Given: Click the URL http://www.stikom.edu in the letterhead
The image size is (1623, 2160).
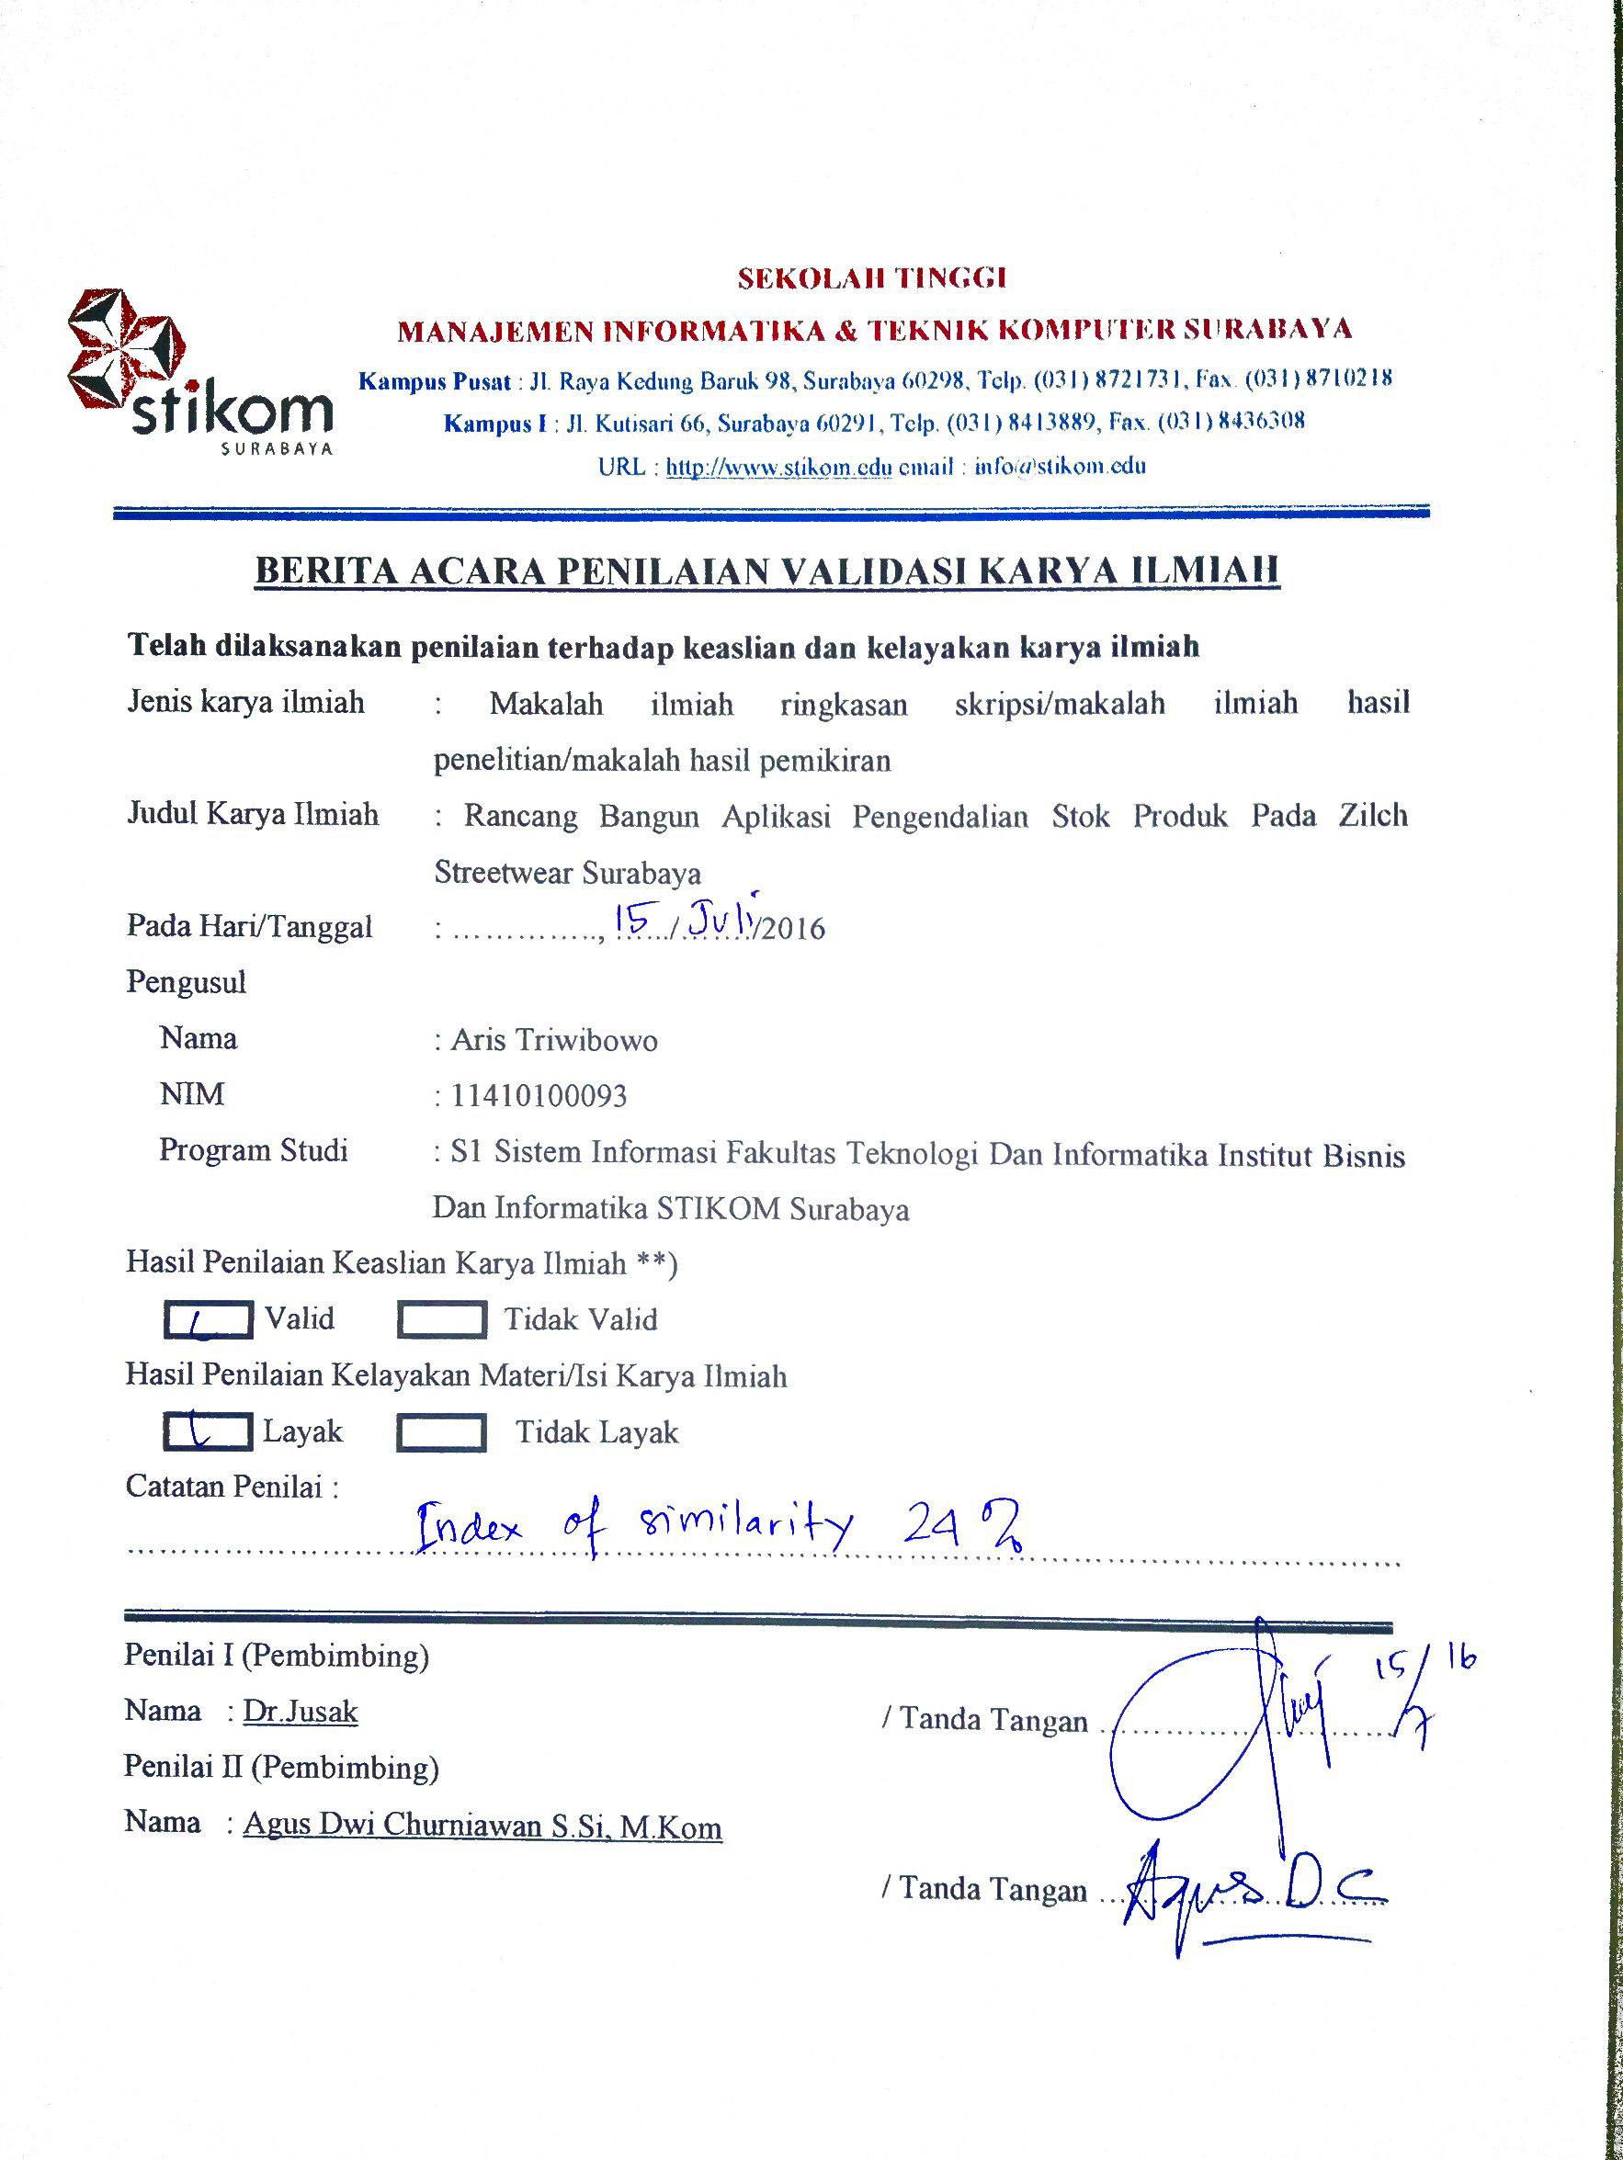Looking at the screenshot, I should click(778, 467).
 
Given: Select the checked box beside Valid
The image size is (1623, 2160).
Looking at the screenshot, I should click(207, 1320).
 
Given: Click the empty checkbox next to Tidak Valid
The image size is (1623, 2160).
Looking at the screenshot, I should click(441, 1320).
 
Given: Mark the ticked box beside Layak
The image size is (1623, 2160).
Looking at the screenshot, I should click(207, 1432).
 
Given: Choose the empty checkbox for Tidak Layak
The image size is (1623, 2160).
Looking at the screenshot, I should click(440, 1433).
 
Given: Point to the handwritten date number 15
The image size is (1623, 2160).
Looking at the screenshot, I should click(630, 919).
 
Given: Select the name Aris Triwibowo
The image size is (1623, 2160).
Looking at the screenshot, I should click(553, 1041).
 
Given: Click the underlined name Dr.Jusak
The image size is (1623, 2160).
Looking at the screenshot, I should click(300, 1712).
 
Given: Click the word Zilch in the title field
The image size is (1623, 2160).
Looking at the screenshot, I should click(1372, 815).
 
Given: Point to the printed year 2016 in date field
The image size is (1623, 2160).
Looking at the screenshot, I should click(793, 929).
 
